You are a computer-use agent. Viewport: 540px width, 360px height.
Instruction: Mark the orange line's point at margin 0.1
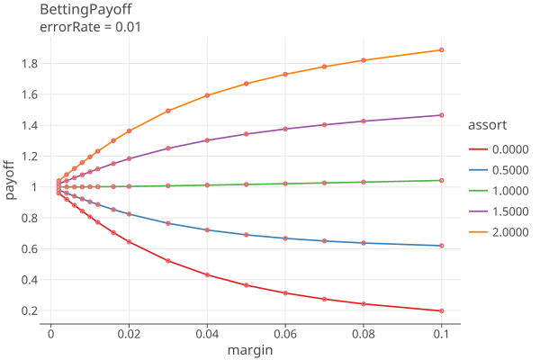(441, 49)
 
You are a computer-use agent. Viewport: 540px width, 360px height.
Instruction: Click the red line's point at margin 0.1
(441, 310)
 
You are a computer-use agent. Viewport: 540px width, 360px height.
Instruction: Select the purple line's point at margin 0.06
(285, 129)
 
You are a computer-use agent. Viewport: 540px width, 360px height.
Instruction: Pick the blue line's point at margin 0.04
(207, 230)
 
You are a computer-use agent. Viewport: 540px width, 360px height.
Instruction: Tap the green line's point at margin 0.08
(364, 182)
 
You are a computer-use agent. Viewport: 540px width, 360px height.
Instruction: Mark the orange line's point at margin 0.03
(168, 111)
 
